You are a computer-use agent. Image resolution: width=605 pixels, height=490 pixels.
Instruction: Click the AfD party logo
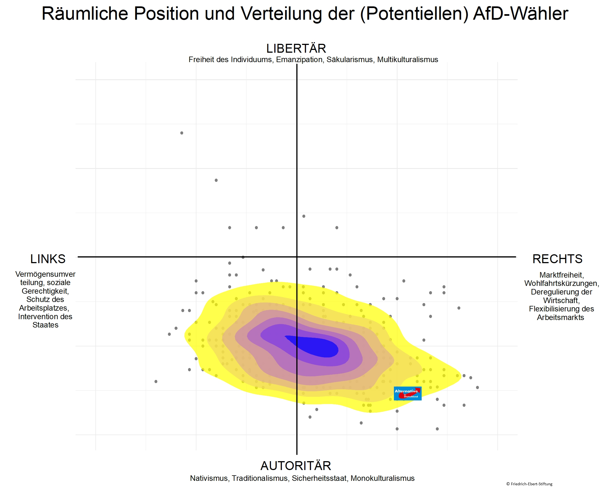click(x=407, y=393)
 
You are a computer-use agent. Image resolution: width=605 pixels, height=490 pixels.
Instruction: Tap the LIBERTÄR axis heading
click(x=296, y=49)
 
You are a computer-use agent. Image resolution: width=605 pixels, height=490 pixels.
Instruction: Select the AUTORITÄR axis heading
click(x=296, y=466)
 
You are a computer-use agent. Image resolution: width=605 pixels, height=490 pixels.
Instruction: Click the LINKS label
click(x=48, y=259)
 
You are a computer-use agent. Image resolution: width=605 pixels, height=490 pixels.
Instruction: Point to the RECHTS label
click(x=557, y=259)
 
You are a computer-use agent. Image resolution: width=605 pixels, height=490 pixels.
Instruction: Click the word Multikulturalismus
click(x=407, y=60)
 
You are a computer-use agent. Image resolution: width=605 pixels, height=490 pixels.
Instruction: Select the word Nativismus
click(x=209, y=478)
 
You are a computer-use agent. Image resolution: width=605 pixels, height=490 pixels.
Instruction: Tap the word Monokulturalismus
click(x=383, y=478)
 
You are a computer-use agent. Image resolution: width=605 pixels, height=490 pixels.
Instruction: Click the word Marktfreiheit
click(x=561, y=275)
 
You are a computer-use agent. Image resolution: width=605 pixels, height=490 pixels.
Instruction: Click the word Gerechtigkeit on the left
click(x=45, y=291)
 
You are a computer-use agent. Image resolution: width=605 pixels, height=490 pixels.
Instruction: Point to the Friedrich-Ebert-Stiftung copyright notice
click(x=529, y=484)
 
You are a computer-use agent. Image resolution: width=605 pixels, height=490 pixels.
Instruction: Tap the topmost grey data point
click(x=182, y=133)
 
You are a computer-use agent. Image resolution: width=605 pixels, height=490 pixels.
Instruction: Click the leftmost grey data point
click(x=156, y=382)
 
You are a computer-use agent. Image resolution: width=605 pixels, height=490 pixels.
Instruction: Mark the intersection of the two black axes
click(x=297, y=257)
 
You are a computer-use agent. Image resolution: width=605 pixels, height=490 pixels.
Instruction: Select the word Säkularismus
click(x=350, y=60)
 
